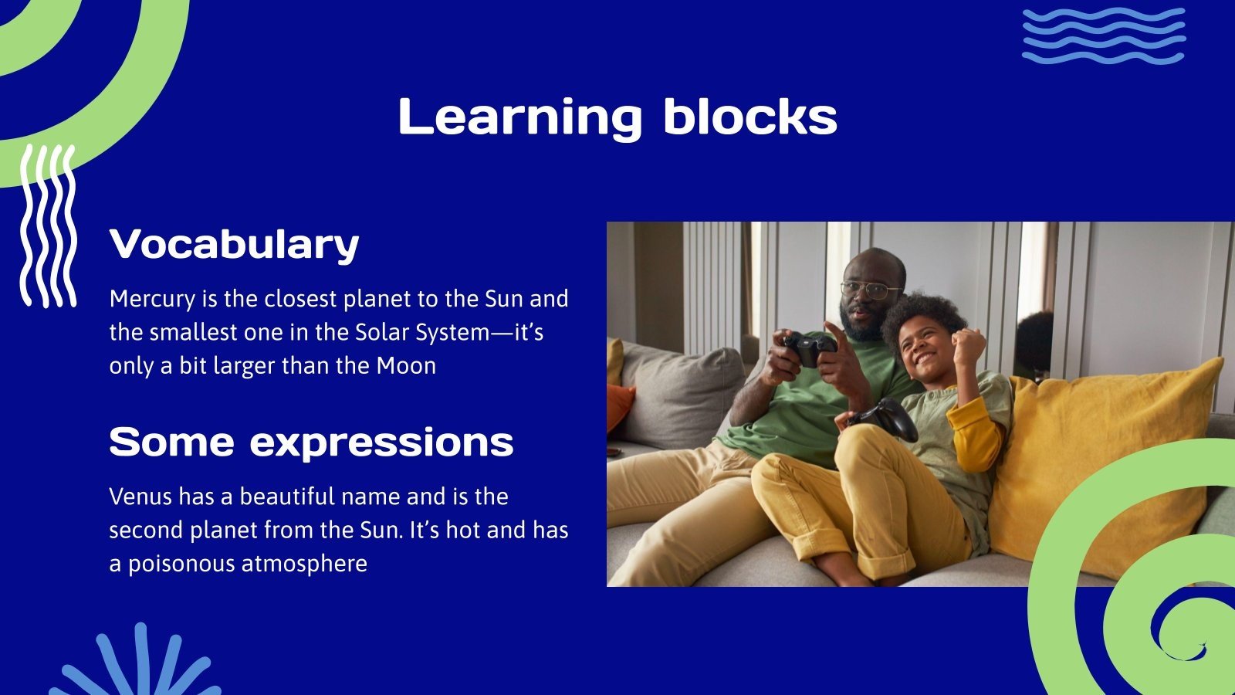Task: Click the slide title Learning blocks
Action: coord(617,117)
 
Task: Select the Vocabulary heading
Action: coord(235,245)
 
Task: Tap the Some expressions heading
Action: coord(312,442)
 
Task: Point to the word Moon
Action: coord(406,366)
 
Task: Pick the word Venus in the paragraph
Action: coord(140,497)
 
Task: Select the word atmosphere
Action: coord(304,564)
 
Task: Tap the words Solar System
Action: coord(422,333)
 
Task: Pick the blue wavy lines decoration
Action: coord(1104,36)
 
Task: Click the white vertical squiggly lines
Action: coord(48,226)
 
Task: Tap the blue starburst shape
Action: coord(138,662)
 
